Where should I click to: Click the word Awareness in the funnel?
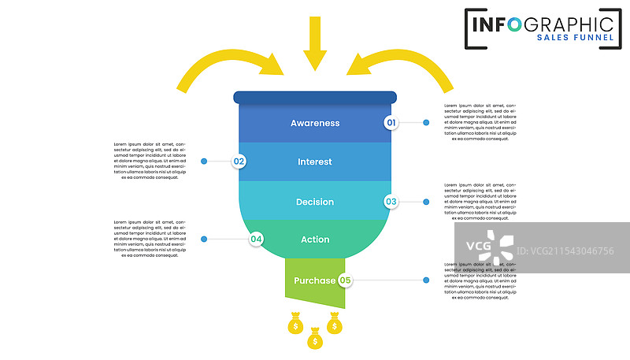(x=315, y=123)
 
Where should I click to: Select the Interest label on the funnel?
(x=315, y=162)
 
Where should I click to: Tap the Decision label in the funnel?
(x=315, y=202)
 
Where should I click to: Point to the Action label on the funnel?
(x=315, y=239)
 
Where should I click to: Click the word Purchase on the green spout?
(x=314, y=280)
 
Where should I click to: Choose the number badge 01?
(x=391, y=122)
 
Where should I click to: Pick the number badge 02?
(x=239, y=161)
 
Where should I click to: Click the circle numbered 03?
(x=391, y=202)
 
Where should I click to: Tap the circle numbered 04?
(x=256, y=239)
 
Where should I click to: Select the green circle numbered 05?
(x=345, y=280)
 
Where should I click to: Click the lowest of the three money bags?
(x=315, y=339)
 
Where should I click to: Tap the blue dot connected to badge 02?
(x=204, y=161)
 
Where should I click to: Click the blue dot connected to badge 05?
(x=426, y=280)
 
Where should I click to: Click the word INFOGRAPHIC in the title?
(x=543, y=22)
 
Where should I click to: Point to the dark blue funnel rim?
(x=315, y=98)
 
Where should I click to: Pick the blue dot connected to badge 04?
(x=204, y=239)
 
